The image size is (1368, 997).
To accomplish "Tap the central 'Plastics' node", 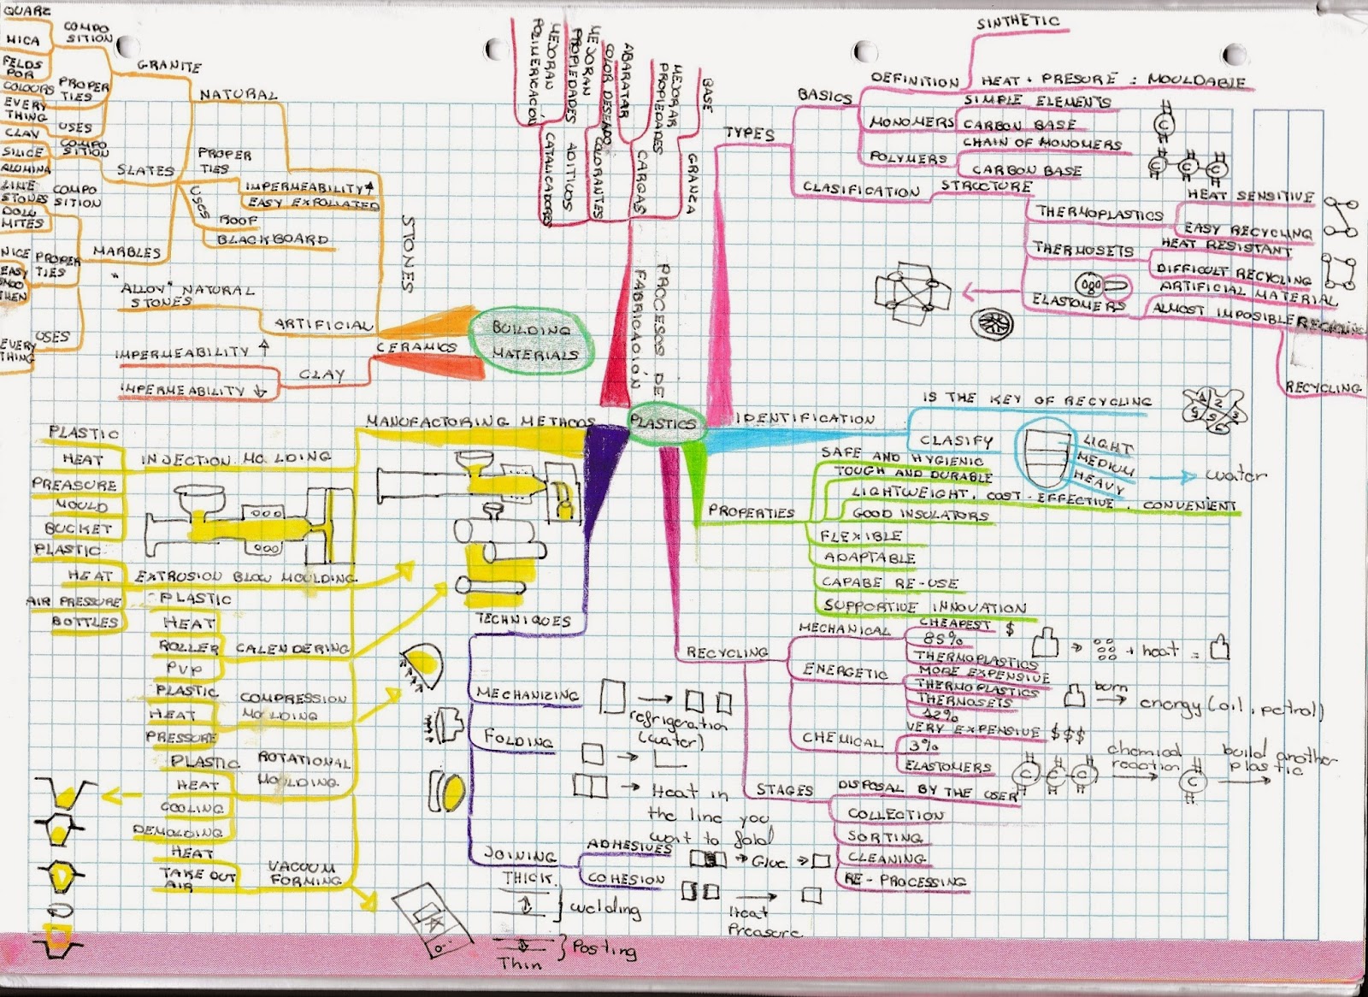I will [x=662, y=422].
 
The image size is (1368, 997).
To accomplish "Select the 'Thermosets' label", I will [x=1082, y=250].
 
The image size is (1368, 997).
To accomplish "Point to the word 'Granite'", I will [x=168, y=66].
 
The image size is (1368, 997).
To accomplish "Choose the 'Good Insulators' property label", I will [x=920, y=515].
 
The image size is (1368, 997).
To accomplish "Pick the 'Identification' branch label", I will [x=805, y=418].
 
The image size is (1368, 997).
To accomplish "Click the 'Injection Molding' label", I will [x=235, y=459].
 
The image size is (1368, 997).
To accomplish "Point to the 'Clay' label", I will [x=321, y=375].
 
